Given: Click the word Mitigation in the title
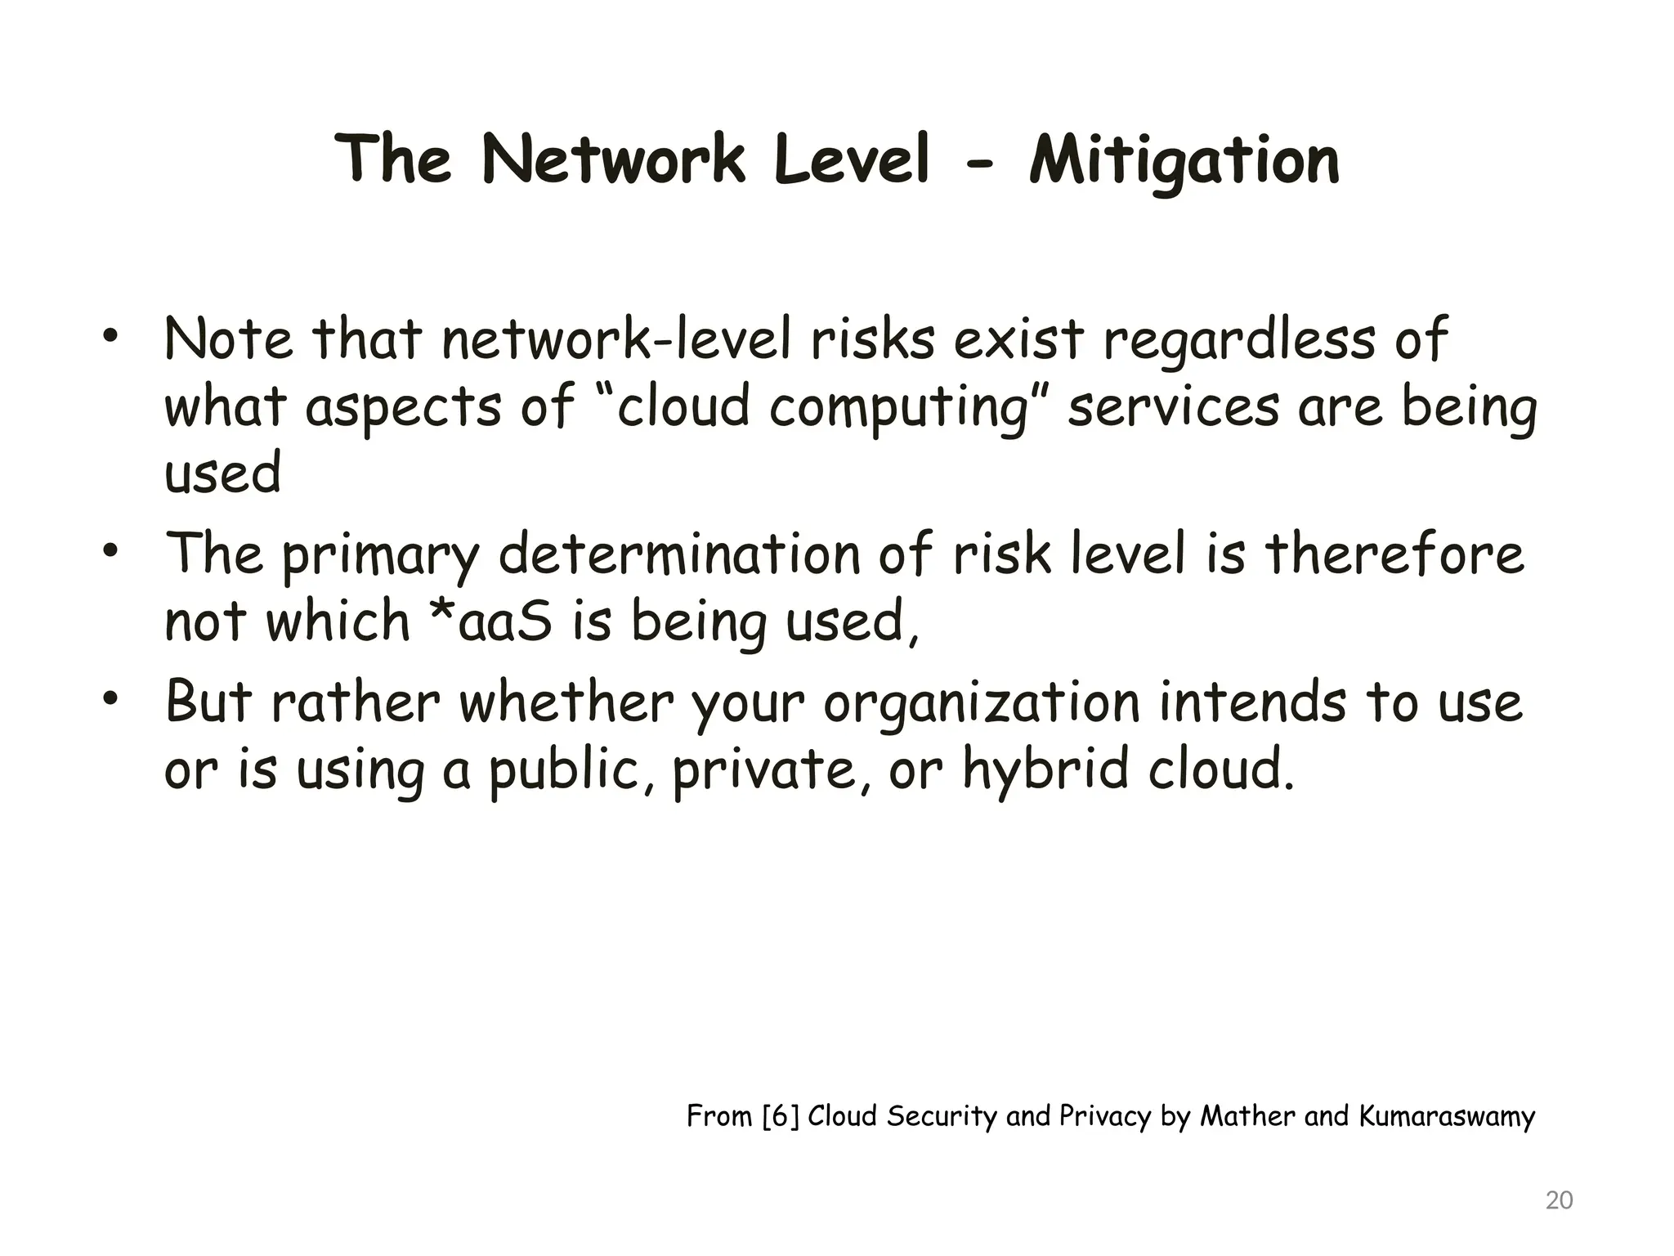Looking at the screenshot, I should click(1184, 160).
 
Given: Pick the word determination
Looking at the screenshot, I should click(679, 554).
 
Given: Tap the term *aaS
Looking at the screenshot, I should click(490, 621).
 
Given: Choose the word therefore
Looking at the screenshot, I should click(1394, 554).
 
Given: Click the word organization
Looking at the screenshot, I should click(982, 704).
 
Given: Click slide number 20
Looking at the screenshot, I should click(1560, 1200).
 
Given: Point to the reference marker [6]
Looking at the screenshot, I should click(780, 1116).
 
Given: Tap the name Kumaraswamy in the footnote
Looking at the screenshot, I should click(1447, 1116).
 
